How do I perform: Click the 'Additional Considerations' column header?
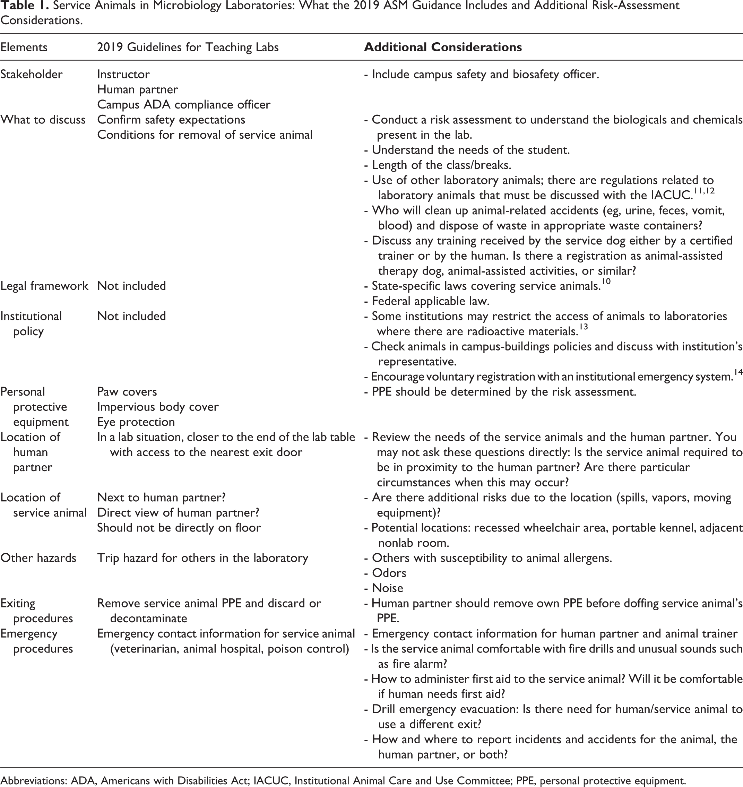tap(442, 47)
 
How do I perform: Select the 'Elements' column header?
tap(24, 47)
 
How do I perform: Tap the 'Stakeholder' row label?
tap(31, 75)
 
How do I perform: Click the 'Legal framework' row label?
tap(44, 286)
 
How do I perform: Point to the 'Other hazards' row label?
tap(38, 558)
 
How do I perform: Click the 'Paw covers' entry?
tap(127, 392)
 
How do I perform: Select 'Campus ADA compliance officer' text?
tap(183, 105)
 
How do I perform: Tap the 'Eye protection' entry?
tap(136, 422)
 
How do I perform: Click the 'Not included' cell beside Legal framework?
tap(131, 286)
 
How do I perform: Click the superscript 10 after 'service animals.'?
tap(606, 282)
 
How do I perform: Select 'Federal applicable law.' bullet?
tap(426, 301)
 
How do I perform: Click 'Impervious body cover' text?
tap(158, 407)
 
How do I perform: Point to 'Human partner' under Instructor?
tap(137, 89)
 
